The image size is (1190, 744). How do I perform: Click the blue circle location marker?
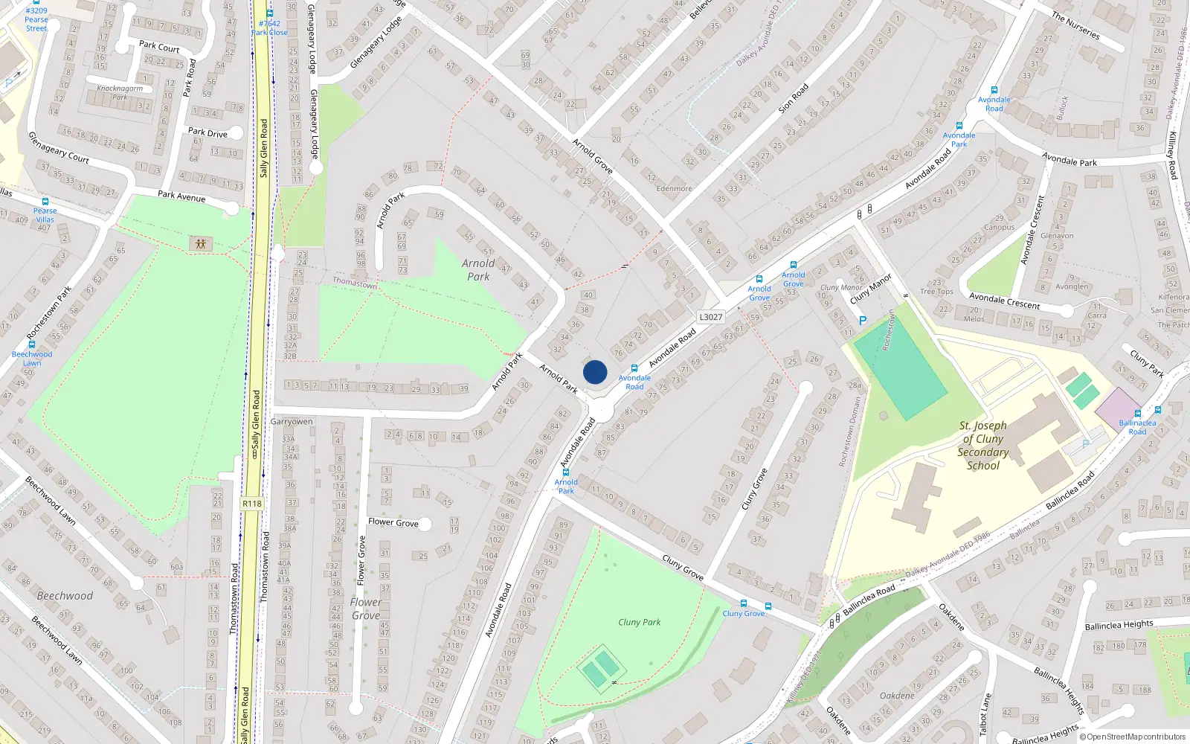click(x=595, y=372)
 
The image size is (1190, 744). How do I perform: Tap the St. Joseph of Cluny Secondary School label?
click(x=982, y=446)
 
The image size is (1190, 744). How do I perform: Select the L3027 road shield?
click(x=710, y=317)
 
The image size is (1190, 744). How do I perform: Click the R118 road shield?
click(x=252, y=504)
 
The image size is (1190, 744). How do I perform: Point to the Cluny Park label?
click(x=639, y=622)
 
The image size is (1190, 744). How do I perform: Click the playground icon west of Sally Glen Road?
click(x=199, y=243)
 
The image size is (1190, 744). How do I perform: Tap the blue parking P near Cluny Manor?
click(x=863, y=321)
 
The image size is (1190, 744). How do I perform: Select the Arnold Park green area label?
click(x=478, y=269)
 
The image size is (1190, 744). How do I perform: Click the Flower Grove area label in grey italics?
click(x=366, y=609)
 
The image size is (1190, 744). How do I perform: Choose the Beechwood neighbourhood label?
click(x=65, y=596)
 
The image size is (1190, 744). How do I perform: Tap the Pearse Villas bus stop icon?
click(x=45, y=202)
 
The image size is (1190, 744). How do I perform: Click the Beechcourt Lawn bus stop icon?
click(x=32, y=344)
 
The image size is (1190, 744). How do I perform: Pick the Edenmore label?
click(x=674, y=189)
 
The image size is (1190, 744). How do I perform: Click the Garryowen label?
click(x=292, y=422)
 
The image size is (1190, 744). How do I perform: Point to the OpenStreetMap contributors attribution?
click(x=1132, y=737)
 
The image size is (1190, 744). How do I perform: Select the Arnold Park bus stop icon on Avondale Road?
click(x=566, y=472)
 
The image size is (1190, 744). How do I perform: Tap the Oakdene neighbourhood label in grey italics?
click(x=897, y=696)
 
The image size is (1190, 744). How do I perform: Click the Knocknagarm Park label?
click(x=120, y=93)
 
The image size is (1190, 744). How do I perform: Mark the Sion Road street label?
click(x=793, y=98)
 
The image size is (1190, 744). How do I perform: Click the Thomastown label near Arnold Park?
click(x=355, y=283)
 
